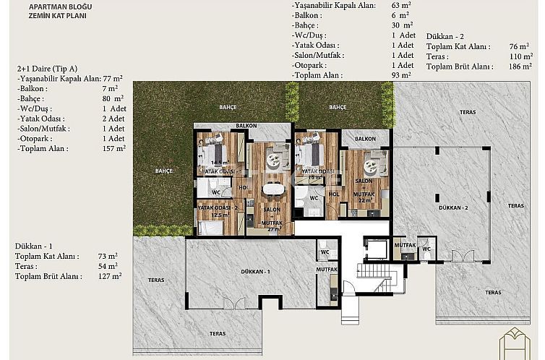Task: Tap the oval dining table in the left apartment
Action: (x=272, y=189)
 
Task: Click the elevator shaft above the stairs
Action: (x=377, y=249)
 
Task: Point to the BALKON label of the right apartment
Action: (x=365, y=138)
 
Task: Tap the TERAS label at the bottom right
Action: (x=493, y=293)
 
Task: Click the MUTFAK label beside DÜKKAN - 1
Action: (x=327, y=270)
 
